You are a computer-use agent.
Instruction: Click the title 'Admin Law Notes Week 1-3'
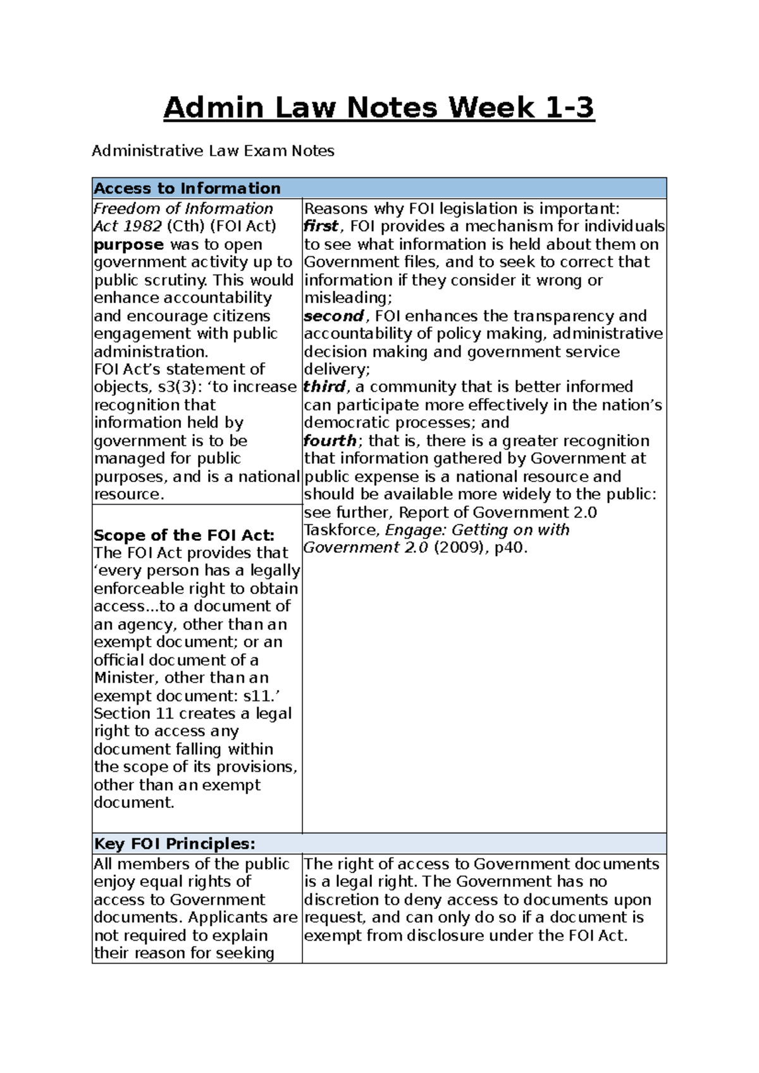(379, 108)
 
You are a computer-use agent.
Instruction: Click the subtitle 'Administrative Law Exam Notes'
(213, 151)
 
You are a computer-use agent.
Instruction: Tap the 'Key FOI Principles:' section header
(175, 844)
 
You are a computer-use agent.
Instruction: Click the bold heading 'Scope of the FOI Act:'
(184, 535)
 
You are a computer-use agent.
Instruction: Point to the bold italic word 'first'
(321, 226)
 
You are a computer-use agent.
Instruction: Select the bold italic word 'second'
(333, 316)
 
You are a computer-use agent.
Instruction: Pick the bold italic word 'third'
(324, 387)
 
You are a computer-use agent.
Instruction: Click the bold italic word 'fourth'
(330, 441)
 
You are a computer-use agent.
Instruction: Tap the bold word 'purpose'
(128, 245)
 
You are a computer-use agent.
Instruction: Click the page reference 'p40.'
(510, 548)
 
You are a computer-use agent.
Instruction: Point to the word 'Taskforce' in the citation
(342, 530)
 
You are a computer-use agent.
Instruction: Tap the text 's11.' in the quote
(262, 696)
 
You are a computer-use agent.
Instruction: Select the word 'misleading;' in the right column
(348, 298)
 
